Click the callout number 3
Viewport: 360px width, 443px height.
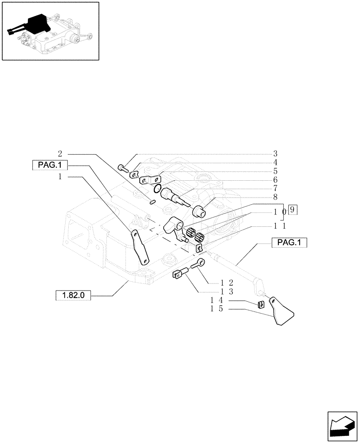point(275,154)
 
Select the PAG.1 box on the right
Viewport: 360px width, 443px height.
point(289,243)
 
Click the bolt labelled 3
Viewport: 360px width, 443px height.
point(123,168)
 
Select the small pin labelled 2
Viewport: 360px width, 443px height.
point(152,202)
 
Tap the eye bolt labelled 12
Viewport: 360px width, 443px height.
point(198,265)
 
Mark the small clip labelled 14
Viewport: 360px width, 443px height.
point(261,304)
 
